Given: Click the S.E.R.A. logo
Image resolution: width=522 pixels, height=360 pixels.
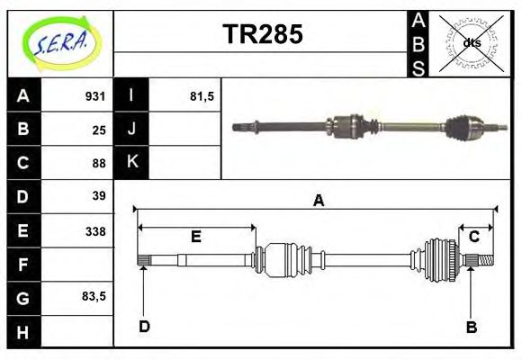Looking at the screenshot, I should coord(59,43).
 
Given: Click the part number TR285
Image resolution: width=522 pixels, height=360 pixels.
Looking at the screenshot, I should coord(262,35).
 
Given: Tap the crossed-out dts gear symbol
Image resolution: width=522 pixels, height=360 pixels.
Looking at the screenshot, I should coord(471,42).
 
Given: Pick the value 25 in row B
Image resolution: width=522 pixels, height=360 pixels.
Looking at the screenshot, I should coord(99,130).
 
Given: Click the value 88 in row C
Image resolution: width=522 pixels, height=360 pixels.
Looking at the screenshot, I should coord(99,163).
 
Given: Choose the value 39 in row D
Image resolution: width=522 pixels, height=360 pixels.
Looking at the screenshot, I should coord(99,196).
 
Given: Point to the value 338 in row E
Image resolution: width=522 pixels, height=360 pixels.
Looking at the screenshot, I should coord(95,230).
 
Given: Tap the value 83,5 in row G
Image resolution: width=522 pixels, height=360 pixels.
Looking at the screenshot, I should coord(94,297).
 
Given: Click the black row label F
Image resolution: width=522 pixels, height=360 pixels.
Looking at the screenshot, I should coord(23,265).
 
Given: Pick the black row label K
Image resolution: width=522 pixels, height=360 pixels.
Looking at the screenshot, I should coord(131,163).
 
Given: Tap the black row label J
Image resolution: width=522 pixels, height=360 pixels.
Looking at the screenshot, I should coord(131,130).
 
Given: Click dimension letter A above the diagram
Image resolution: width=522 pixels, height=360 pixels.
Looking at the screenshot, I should coord(318,202).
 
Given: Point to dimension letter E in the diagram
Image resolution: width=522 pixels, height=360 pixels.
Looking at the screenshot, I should coord(195,237).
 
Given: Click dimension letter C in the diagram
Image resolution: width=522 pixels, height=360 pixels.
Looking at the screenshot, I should coord(473,237).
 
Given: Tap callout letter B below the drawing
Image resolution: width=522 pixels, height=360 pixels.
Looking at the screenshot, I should coord(471,327).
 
